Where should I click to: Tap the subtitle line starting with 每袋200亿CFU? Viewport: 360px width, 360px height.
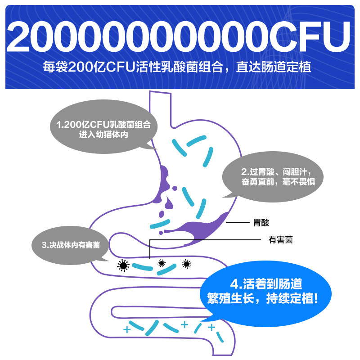point(180,69)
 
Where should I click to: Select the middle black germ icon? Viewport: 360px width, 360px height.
point(161,263)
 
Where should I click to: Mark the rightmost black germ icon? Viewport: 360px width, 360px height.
point(186,264)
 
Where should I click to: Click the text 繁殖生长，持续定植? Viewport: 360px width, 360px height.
point(265,298)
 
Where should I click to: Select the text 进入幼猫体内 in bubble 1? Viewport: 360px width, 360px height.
point(106,135)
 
